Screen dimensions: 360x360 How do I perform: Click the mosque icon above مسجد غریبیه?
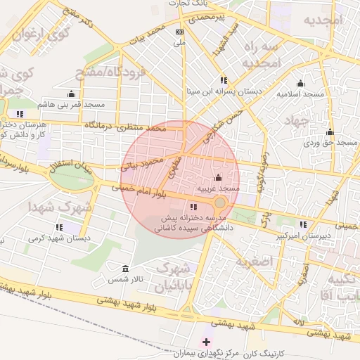coord(217,177)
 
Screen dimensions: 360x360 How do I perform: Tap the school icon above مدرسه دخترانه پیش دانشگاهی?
coord(193,207)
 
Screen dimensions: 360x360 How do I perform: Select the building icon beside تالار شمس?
coord(125,269)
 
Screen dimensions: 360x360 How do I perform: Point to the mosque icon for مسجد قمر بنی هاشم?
coord(70,94)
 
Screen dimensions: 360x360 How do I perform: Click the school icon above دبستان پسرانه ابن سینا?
coord(224,80)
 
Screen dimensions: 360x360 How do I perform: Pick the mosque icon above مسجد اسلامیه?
coord(301,82)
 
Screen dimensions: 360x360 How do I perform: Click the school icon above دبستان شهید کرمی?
coord(59,227)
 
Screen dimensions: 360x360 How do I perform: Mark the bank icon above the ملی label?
coord(181,32)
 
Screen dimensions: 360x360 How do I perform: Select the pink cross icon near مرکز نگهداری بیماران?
coord(206,342)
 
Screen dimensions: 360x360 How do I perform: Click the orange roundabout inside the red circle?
coord(220,202)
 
